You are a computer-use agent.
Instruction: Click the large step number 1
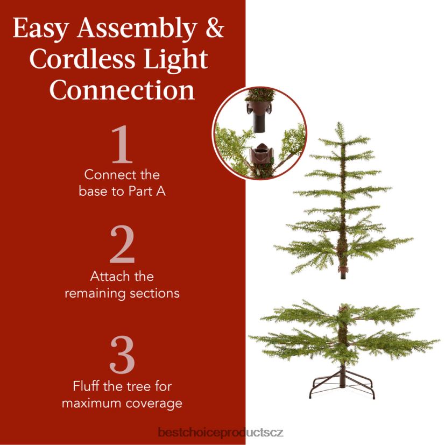(123, 144)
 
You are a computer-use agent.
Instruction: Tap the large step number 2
(122, 244)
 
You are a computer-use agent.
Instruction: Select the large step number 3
(122, 355)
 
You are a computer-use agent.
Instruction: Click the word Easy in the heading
(40, 29)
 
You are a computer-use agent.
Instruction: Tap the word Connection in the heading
(122, 90)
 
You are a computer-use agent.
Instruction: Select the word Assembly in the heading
(137, 29)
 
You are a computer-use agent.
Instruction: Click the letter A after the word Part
(161, 191)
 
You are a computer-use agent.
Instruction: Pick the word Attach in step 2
(108, 276)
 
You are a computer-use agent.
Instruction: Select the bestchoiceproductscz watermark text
(221, 433)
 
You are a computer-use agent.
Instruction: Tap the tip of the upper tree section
(338, 123)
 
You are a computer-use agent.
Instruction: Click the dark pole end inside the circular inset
(259, 123)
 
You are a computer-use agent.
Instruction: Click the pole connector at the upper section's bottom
(342, 272)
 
